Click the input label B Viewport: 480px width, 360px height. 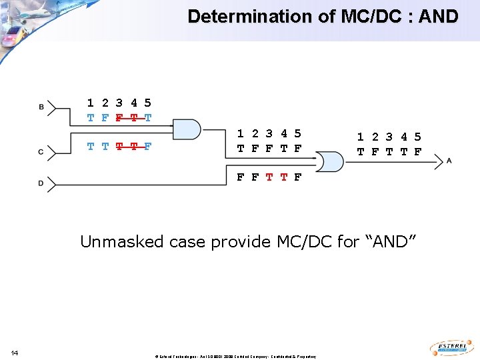[41, 107]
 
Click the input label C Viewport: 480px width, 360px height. [41, 153]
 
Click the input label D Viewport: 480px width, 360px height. [41, 183]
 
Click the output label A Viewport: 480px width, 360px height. [449, 161]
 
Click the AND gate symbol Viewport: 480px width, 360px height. [186, 129]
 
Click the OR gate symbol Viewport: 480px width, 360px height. [328, 161]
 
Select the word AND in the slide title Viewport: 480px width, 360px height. [437, 17]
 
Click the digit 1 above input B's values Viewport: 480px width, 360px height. [90, 103]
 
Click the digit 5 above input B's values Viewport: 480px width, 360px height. [148, 103]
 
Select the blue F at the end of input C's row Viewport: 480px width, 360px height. [148, 147]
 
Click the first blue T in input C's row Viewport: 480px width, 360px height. [90, 147]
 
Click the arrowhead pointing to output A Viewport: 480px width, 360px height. [438, 161]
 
